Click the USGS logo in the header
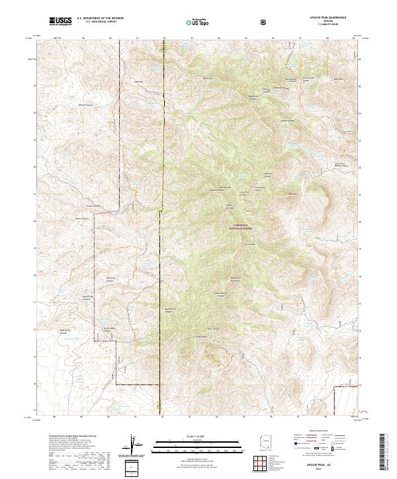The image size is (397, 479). click(x=61, y=21)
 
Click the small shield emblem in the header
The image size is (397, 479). click(x=263, y=22)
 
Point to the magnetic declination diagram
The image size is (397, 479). click(x=134, y=443)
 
